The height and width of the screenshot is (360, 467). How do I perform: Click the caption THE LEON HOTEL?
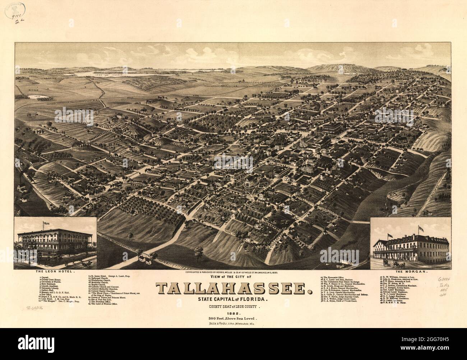(57, 272)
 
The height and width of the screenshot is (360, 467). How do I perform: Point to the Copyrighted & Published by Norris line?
(233, 272)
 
